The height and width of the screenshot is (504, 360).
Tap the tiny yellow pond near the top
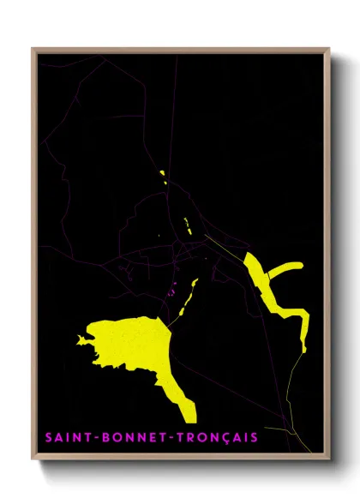pos(162,175)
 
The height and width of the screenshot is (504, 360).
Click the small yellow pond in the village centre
pos(186,225)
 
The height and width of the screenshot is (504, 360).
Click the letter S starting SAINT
pos(47,438)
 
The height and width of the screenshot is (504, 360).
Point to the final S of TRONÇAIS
pos(255,438)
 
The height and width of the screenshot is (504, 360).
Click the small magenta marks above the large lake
pos(174,289)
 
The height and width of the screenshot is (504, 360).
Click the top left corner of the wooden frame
pos(33,49)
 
